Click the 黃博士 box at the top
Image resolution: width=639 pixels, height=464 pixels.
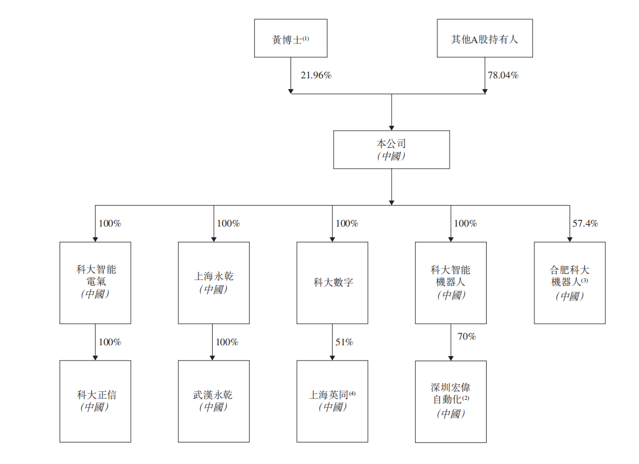coord(291,38)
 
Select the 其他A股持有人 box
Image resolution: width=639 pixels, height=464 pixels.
coord(484,38)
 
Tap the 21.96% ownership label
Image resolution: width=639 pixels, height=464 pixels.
coord(316,75)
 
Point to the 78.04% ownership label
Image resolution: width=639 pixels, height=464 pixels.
coord(503,75)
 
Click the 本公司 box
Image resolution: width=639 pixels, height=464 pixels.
coord(391,149)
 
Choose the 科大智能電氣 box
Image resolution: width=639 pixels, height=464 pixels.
coord(96,282)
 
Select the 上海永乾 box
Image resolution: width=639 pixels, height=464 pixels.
coord(214,282)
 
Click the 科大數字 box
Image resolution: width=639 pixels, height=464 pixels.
coord(333,282)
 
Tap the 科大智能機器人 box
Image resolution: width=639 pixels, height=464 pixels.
coord(451,282)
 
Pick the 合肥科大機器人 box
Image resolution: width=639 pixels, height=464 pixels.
coord(570,282)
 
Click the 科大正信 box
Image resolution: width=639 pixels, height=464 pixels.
coord(96,401)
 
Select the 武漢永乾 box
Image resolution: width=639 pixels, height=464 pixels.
coord(214,401)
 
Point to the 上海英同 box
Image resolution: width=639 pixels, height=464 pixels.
coord(333,401)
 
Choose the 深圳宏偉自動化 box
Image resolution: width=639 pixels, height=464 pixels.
coord(451,401)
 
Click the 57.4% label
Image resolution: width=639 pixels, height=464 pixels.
coord(585,223)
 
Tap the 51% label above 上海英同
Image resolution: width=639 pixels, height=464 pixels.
coord(344,342)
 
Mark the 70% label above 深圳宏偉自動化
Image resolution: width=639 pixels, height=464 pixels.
coord(466,336)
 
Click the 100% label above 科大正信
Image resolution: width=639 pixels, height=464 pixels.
coord(110,342)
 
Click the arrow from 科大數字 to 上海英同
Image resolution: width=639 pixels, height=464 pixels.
coord(333,342)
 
